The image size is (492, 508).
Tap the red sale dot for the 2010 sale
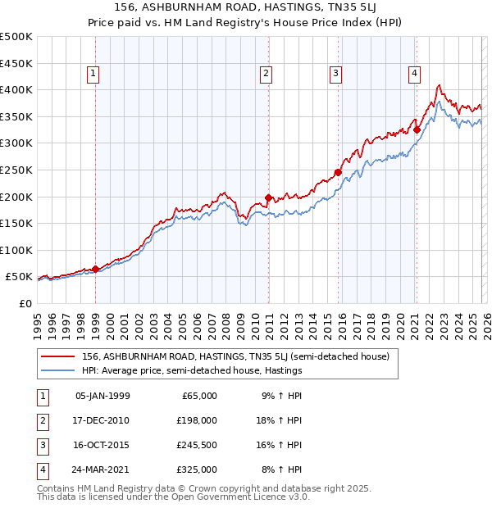pos(268,197)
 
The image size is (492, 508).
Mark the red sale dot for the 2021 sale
pos(417,129)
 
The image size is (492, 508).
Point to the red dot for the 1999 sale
pos(95,269)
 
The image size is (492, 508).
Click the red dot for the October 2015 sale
pos(338,172)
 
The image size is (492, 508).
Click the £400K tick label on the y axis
pos(16,89)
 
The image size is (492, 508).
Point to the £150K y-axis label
pos(16,223)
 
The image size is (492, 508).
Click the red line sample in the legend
pos(58,356)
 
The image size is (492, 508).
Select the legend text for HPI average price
pos(192,370)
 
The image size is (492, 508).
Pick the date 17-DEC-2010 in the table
pos(102,420)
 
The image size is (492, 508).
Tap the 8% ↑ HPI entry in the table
pos(281,469)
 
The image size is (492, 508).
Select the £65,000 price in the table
pos(198,396)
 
